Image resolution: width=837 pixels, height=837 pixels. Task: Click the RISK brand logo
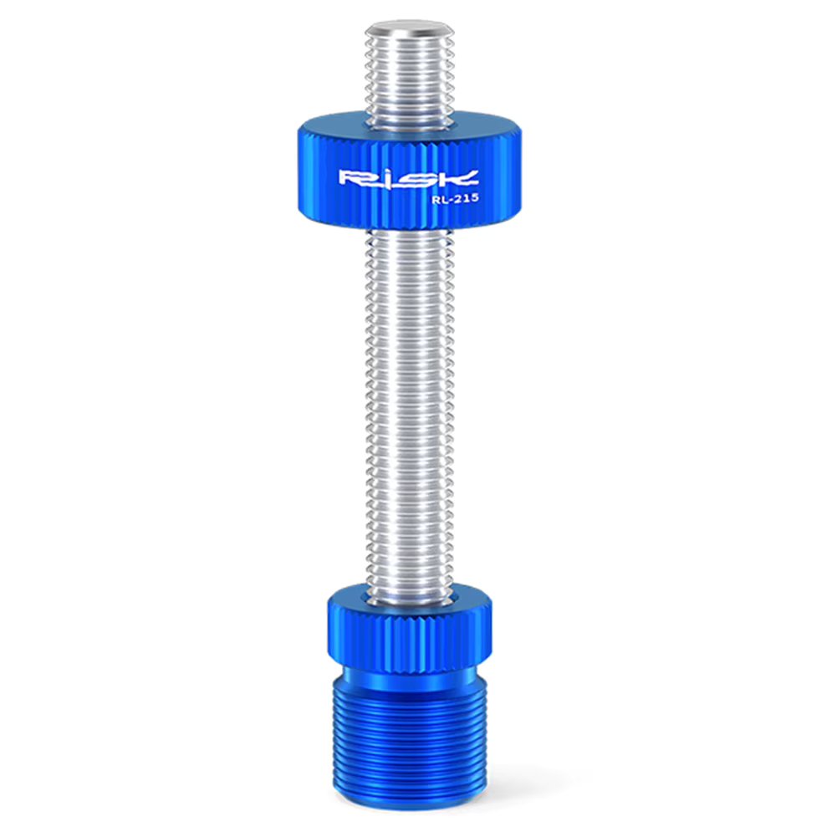click(408, 178)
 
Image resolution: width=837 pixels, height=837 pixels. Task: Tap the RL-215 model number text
click(449, 199)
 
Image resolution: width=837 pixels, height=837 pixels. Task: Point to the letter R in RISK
click(352, 178)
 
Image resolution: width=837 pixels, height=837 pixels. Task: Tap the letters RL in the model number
click(432, 199)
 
